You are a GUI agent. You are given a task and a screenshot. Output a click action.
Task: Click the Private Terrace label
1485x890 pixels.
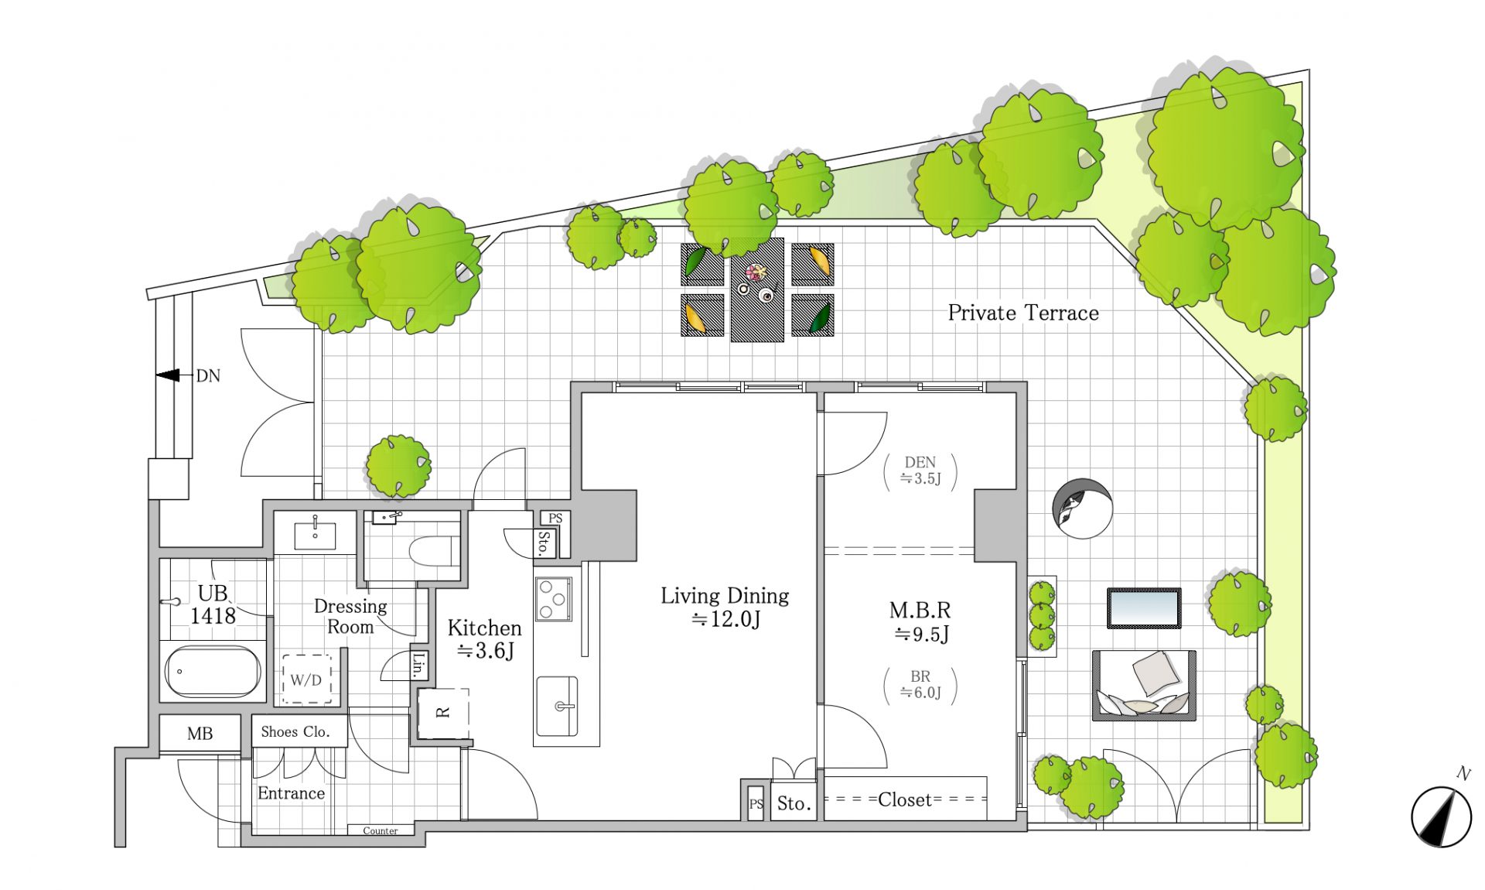[1023, 313]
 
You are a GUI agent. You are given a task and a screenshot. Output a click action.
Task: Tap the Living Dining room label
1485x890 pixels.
[725, 607]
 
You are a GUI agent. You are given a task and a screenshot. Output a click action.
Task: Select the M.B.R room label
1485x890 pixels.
[920, 621]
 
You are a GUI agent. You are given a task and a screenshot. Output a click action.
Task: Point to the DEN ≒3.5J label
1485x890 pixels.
[920, 471]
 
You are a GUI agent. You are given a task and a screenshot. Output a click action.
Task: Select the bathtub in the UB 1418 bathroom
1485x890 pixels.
[213, 671]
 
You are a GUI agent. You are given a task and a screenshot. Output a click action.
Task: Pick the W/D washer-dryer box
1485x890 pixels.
[306, 679]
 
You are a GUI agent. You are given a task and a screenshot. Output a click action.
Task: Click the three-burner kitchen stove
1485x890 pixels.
[553, 598]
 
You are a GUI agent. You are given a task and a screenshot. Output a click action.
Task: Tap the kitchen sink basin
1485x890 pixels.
[558, 707]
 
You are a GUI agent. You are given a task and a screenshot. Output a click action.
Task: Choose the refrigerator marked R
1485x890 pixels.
[443, 713]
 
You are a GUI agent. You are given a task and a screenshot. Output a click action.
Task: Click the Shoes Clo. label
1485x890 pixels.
[295, 731]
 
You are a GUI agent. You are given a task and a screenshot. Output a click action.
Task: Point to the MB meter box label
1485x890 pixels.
[200, 734]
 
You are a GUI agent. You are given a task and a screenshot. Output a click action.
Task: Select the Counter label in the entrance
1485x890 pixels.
[381, 830]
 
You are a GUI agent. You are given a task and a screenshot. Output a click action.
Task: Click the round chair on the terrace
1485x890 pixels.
[1082, 508]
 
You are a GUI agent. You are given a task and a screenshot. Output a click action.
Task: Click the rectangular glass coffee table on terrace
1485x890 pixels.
[1144, 608]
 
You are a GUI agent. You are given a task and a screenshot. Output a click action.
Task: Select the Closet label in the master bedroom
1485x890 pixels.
[905, 799]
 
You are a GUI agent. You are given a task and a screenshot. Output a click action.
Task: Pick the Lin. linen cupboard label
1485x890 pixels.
[418, 665]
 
